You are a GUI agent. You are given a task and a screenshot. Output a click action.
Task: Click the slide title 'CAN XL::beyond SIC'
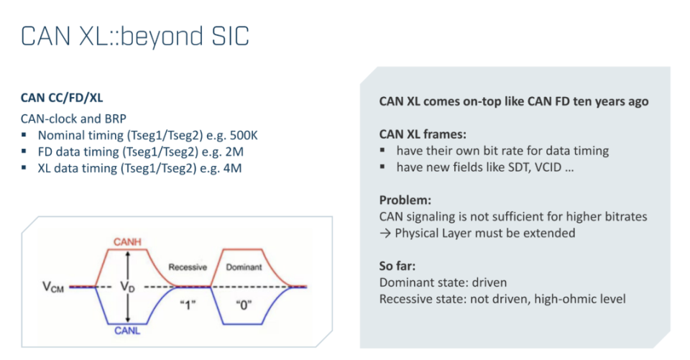tap(135, 37)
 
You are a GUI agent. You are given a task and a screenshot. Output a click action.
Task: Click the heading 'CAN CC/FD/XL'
tap(62, 98)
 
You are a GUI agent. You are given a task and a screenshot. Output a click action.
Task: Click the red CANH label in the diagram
tap(127, 242)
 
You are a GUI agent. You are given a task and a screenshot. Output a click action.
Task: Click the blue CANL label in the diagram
tap(127, 331)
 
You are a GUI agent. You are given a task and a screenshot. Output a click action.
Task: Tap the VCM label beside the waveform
tap(53, 287)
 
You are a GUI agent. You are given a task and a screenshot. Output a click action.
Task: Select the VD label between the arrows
tap(128, 287)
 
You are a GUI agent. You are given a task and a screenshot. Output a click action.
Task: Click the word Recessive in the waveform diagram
tap(188, 267)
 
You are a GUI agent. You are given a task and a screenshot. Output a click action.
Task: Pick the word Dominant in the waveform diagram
tap(244, 267)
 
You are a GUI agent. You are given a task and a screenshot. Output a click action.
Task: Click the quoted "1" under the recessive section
tap(188, 305)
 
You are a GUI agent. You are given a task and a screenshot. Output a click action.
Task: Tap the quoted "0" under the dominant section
tap(244, 305)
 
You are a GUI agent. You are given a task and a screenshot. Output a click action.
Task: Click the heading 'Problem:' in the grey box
tap(405, 200)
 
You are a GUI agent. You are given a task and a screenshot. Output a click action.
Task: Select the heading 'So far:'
tap(397, 266)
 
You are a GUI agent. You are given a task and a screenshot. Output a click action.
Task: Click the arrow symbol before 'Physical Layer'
tap(385, 234)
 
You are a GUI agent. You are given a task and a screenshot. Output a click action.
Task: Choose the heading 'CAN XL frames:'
tap(423, 134)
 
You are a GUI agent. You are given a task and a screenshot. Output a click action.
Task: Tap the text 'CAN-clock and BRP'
tap(73, 119)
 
